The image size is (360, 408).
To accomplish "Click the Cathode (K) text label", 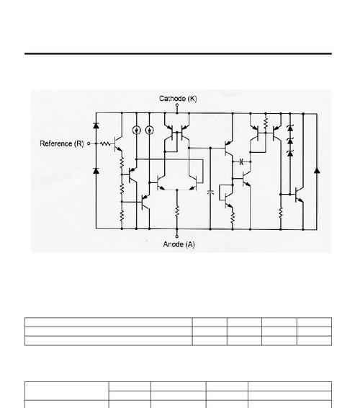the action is point(178,99).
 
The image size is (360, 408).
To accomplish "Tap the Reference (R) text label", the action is point(62,143).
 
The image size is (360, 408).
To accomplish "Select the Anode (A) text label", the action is point(179,244).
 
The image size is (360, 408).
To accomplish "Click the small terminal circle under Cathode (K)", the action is point(177,105).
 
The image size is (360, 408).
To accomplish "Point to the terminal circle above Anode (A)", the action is point(177,236).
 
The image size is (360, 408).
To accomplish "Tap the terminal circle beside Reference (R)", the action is point(89,143).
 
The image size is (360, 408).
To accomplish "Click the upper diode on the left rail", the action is point(96,125).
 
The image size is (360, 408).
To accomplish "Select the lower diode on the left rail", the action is point(96,171).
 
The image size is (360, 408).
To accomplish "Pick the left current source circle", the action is point(137,130).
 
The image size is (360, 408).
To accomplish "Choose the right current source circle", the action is point(150,130).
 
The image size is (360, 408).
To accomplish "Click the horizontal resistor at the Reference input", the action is point(105,143).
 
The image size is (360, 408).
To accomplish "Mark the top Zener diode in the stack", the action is point(290,128).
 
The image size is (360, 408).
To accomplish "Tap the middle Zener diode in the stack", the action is point(290,141).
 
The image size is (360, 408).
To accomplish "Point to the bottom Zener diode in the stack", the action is point(290,154).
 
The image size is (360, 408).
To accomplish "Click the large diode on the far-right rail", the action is point(317,170).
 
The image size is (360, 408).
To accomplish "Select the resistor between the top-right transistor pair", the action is point(266,123).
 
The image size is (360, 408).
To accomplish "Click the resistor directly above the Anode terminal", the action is point(177,210).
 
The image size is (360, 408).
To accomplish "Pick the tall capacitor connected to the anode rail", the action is point(210,192).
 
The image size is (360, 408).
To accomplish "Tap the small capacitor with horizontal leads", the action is point(241,161).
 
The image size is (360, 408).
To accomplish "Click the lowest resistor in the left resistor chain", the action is point(122,216).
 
